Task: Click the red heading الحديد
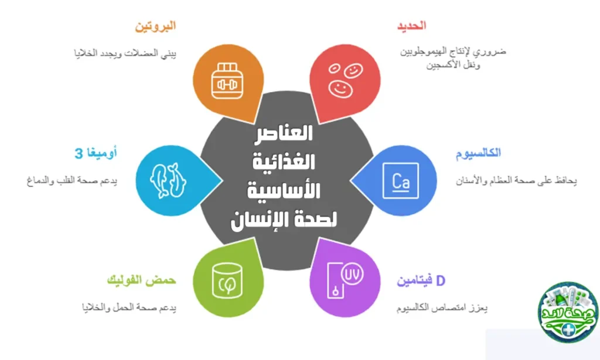(410, 26)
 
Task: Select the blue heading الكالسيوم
(478, 153)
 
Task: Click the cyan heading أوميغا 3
(96, 154)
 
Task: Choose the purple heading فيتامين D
(421, 281)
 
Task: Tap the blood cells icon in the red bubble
(345, 80)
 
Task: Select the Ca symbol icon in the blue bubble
(400, 179)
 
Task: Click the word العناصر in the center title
(285, 133)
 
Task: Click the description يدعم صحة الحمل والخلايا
(129, 307)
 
